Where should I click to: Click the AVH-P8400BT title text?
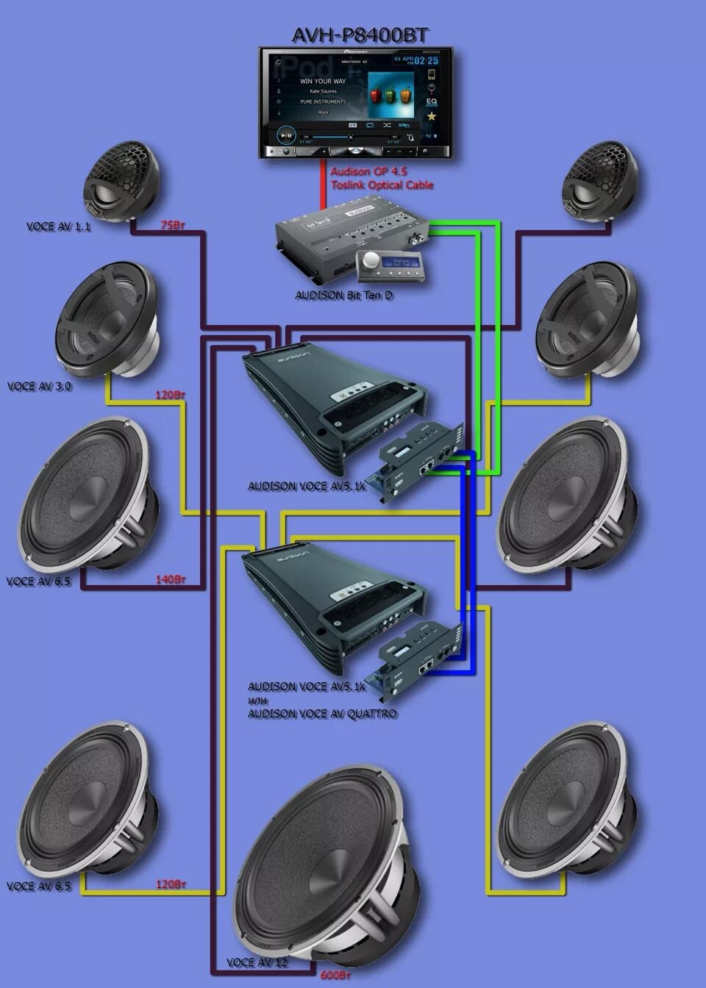(x=360, y=35)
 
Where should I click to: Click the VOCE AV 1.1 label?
(x=58, y=227)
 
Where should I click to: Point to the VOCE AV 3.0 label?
(x=40, y=386)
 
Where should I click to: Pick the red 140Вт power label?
(x=169, y=579)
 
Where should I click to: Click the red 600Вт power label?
(x=335, y=976)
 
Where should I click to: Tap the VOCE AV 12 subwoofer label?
(x=257, y=962)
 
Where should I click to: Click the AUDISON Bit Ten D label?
(x=343, y=296)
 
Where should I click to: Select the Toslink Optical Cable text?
(x=382, y=185)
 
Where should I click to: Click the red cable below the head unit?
(x=322, y=187)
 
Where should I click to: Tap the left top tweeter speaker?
(x=121, y=180)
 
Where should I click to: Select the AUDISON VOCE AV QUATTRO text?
(x=322, y=714)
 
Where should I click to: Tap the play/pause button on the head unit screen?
(x=286, y=135)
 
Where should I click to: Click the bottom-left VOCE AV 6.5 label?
(x=38, y=886)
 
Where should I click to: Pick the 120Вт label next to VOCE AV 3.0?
(x=169, y=395)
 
